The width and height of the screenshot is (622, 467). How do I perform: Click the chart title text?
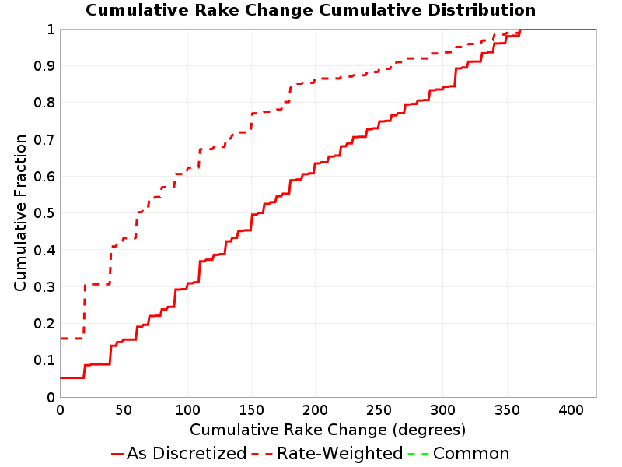pos(310,10)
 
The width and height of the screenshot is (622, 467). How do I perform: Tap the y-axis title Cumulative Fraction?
pos(20,212)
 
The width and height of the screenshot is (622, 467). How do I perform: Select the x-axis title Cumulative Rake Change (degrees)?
pos(327,430)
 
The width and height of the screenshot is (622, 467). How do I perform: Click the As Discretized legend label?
pos(187,453)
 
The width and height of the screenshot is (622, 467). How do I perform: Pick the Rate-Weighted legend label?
pos(340,453)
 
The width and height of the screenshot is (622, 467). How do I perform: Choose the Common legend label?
pos(471,453)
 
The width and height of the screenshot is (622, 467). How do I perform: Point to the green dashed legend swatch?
pos(418,454)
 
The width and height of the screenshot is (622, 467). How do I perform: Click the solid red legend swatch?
pos(118,454)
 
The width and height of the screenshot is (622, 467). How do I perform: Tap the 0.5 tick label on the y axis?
pos(44,213)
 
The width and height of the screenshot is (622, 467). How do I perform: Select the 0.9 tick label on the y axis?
pos(44,66)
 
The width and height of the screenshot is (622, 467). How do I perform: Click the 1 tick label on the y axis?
pos(51,29)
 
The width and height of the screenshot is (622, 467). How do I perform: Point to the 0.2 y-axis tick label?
pos(44,324)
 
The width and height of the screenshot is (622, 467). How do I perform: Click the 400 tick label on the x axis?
pos(571,409)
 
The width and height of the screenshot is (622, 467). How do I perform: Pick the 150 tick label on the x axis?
pos(251,409)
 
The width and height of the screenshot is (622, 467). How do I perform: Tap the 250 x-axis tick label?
pos(379,409)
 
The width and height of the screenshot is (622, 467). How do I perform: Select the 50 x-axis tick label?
pos(124,409)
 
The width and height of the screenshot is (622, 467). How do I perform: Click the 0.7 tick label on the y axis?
pos(44,139)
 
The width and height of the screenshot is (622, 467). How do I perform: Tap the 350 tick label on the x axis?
pos(507,409)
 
